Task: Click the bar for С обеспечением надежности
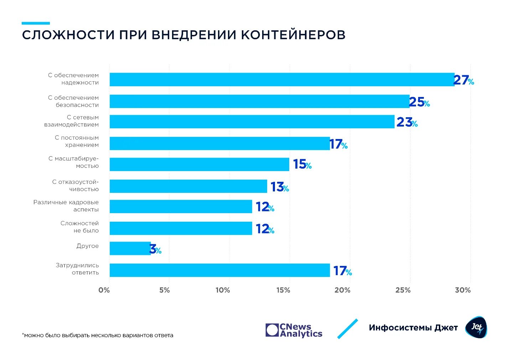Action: click(281, 79)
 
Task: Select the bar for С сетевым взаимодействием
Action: click(252, 122)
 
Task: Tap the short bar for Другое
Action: click(130, 248)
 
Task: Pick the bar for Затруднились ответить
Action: click(219, 270)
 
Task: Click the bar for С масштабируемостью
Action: click(199, 164)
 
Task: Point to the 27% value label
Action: click(463, 80)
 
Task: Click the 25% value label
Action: click(419, 102)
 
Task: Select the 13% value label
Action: click(279, 187)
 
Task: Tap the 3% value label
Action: click(155, 249)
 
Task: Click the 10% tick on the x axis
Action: click(223, 290)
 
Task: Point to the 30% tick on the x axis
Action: click(463, 290)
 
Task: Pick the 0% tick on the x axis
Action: click(104, 290)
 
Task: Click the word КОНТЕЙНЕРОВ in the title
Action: click(293, 35)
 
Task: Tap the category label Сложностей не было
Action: click(79, 227)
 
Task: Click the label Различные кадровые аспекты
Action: click(66, 206)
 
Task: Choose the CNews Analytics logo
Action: click(294, 330)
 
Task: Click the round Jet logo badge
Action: click(476, 327)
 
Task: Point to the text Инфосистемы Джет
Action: click(413, 328)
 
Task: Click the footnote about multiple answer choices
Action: click(98, 335)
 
